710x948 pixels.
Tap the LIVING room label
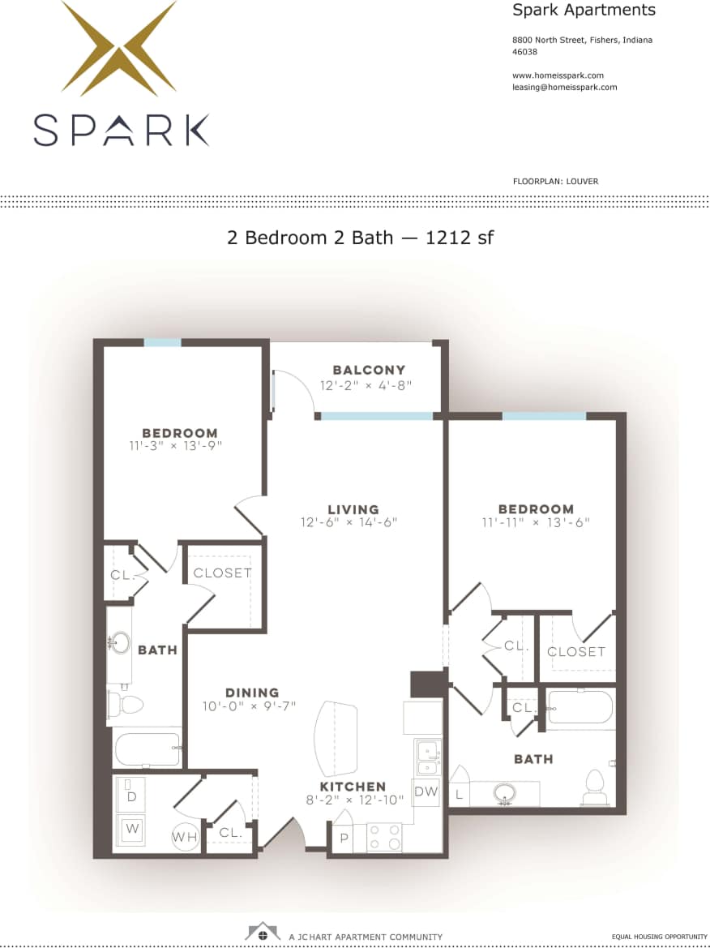353,509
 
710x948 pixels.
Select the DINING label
252,693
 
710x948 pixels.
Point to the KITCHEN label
353,787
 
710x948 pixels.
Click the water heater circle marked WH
183,837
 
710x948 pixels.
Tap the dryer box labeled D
130,797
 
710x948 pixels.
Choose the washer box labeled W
130,830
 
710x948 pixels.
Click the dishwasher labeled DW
426,791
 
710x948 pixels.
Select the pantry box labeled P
343,838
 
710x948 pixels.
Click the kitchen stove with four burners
384,837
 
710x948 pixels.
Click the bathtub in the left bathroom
147,749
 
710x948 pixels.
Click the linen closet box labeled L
459,795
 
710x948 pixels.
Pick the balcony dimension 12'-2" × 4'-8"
367,386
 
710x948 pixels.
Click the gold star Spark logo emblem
119,49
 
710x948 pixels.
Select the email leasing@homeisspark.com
564,87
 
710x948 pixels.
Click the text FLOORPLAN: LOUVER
555,181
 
